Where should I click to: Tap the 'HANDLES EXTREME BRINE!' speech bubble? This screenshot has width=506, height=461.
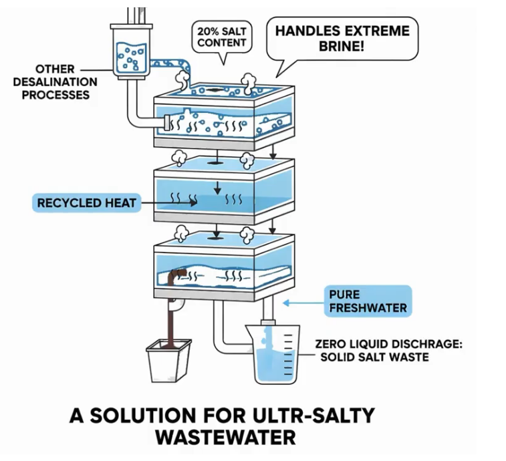[x=342, y=38]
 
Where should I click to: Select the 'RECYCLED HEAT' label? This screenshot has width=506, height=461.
[x=86, y=202]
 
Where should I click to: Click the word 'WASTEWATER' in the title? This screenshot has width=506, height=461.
[x=225, y=438]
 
